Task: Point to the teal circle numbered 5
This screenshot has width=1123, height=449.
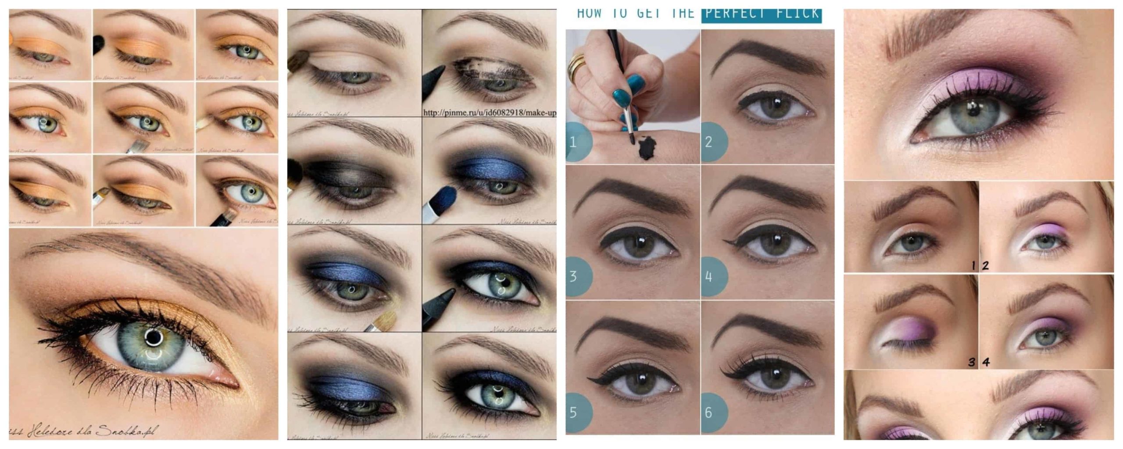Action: click(x=578, y=413)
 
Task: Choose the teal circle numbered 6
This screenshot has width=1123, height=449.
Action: click(x=713, y=413)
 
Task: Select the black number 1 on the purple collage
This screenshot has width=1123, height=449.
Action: click(x=973, y=265)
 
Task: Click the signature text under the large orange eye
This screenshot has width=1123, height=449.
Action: click(x=83, y=431)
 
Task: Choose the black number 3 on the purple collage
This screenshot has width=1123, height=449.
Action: click(x=972, y=362)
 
